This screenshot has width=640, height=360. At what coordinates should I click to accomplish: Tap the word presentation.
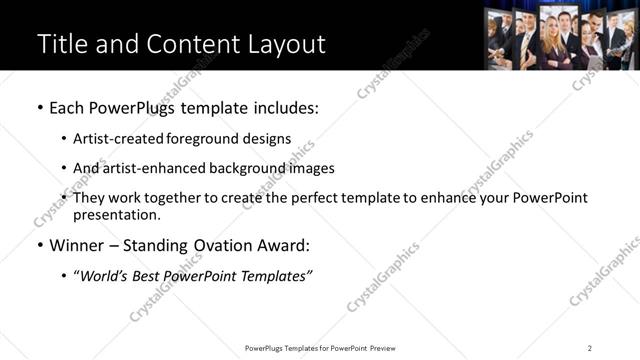point(115,215)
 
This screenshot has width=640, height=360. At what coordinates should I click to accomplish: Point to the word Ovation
point(226,245)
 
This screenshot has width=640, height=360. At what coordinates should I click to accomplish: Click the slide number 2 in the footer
point(590,348)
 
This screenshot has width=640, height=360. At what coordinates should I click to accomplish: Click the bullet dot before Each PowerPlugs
point(40,108)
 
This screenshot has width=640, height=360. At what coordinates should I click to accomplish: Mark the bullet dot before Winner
point(40,245)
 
